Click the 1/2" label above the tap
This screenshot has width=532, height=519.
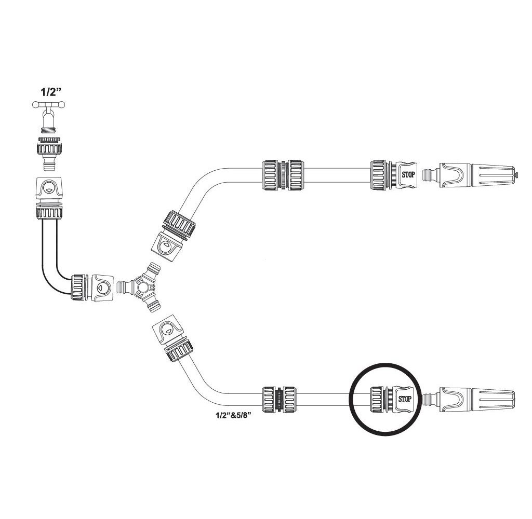pyautogui.click(x=51, y=93)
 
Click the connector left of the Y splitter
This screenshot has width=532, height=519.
pyautogui.click(x=92, y=286)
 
